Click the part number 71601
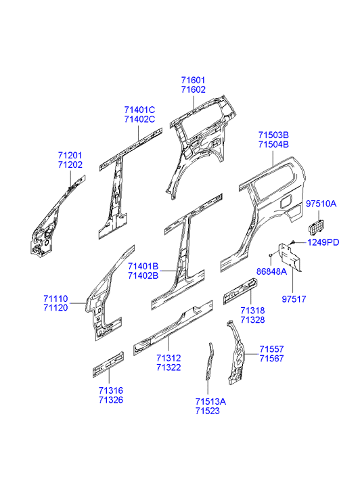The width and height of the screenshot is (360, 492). click(x=193, y=80)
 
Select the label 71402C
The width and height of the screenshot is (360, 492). click(x=139, y=119)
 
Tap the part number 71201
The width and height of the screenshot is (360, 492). click(x=70, y=156)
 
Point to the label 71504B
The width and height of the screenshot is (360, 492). click(x=273, y=144)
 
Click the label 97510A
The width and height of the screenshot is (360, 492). click(x=321, y=204)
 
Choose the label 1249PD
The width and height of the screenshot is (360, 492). click(x=323, y=242)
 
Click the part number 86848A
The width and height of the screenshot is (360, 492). click(x=271, y=271)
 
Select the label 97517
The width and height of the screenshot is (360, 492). click(x=294, y=299)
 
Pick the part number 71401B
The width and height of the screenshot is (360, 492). click(x=143, y=267)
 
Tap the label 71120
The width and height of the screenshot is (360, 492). click(x=56, y=307)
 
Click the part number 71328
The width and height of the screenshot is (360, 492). click(x=252, y=319)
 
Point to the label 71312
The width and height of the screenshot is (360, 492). click(x=168, y=358)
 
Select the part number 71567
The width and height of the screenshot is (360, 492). click(x=271, y=358)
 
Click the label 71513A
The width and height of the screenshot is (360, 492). click(x=210, y=401)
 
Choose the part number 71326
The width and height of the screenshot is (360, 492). click(x=111, y=400)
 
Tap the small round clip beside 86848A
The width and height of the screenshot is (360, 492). click(x=269, y=255)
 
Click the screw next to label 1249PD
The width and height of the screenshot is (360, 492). click(x=292, y=242)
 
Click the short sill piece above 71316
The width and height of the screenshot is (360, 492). click(x=108, y=364)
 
